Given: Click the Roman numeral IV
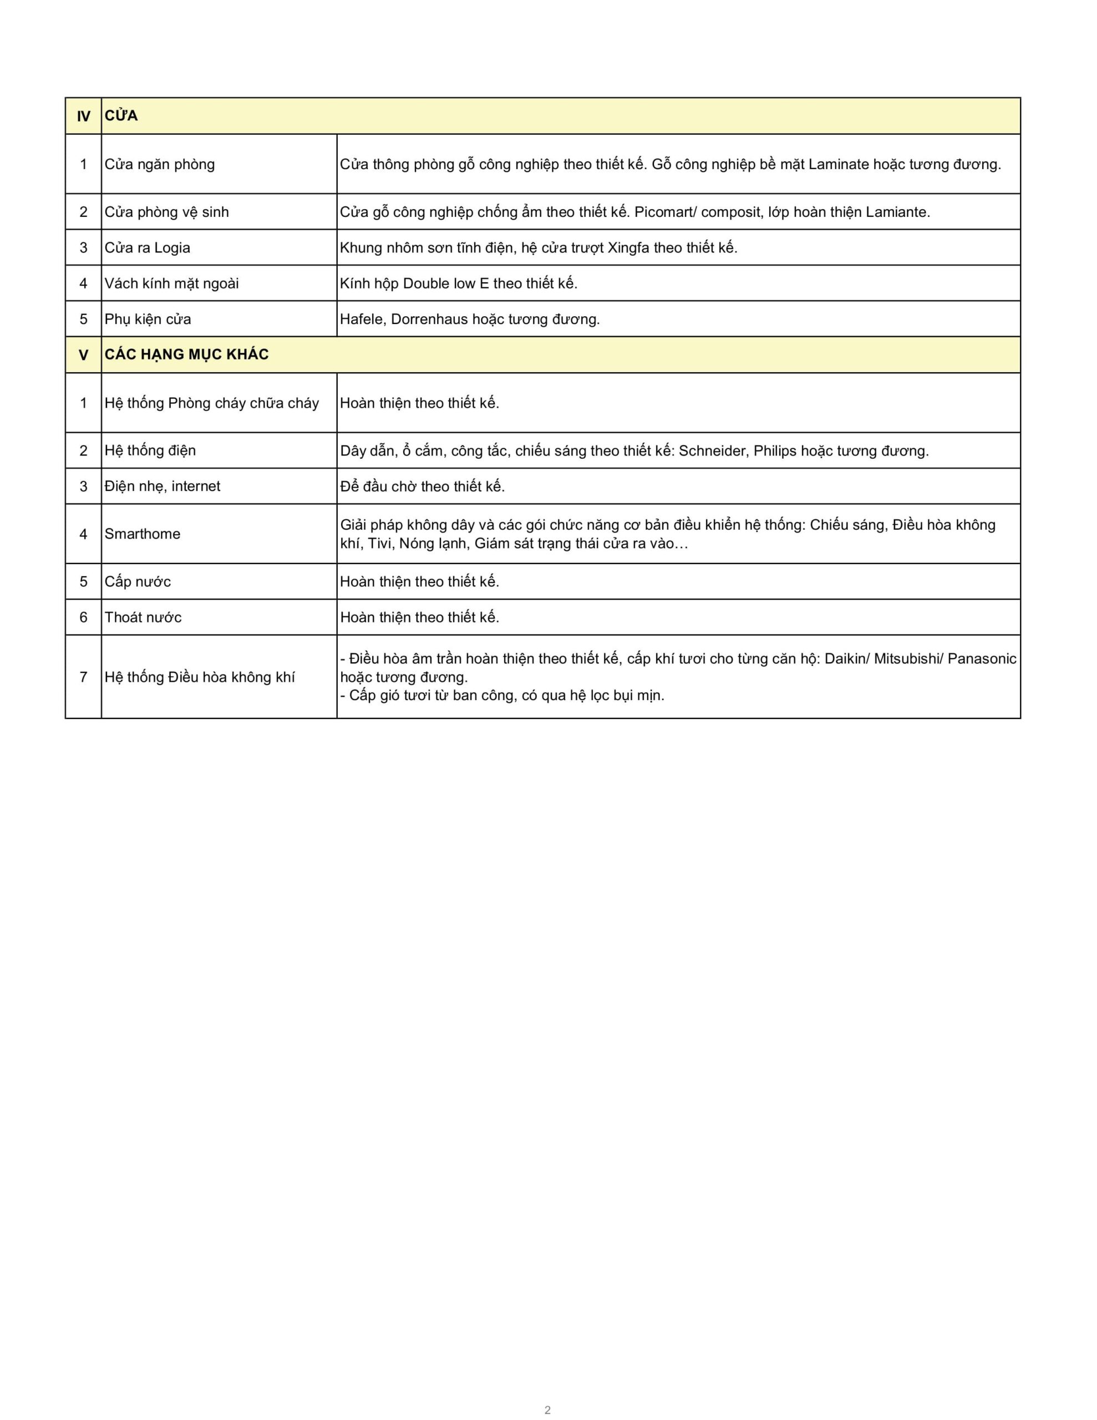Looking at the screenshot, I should coord(83,116).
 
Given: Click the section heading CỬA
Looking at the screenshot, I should coord(121,116).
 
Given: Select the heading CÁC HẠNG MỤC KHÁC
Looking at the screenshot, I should coord(187,354).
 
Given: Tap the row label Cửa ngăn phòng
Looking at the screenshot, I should coord(159,164).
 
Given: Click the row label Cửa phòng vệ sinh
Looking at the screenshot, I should coord(166,212).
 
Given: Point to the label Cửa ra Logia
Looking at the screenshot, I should coord(148,248).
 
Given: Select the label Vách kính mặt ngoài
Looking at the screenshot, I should coord(172,283).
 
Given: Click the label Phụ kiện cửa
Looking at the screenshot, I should coord(148,319).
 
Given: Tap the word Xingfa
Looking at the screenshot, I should coord(628,248).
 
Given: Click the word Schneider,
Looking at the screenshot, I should coord(713,450).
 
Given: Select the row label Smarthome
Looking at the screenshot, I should coord(143,534).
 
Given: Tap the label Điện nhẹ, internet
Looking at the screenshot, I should coord(162,486).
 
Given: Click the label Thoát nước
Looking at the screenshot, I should coord(143,617).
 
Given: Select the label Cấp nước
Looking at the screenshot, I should coord(138,581).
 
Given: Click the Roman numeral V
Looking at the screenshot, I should coord(83,355).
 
